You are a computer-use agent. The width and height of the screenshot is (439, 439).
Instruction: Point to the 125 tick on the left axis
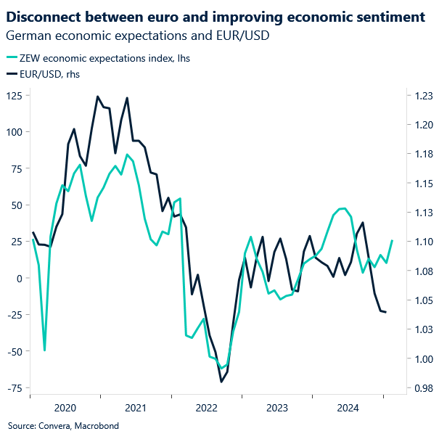[15, 95]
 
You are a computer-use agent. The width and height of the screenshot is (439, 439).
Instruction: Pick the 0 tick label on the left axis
[19, 278]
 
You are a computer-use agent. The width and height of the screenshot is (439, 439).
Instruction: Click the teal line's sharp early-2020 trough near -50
[44, 350]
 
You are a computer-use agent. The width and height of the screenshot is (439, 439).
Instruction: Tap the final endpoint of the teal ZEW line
[392, 241]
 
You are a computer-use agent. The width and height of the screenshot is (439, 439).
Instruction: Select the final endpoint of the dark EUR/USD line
[386, 312]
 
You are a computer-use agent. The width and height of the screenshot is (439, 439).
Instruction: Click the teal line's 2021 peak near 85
[127, 154]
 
